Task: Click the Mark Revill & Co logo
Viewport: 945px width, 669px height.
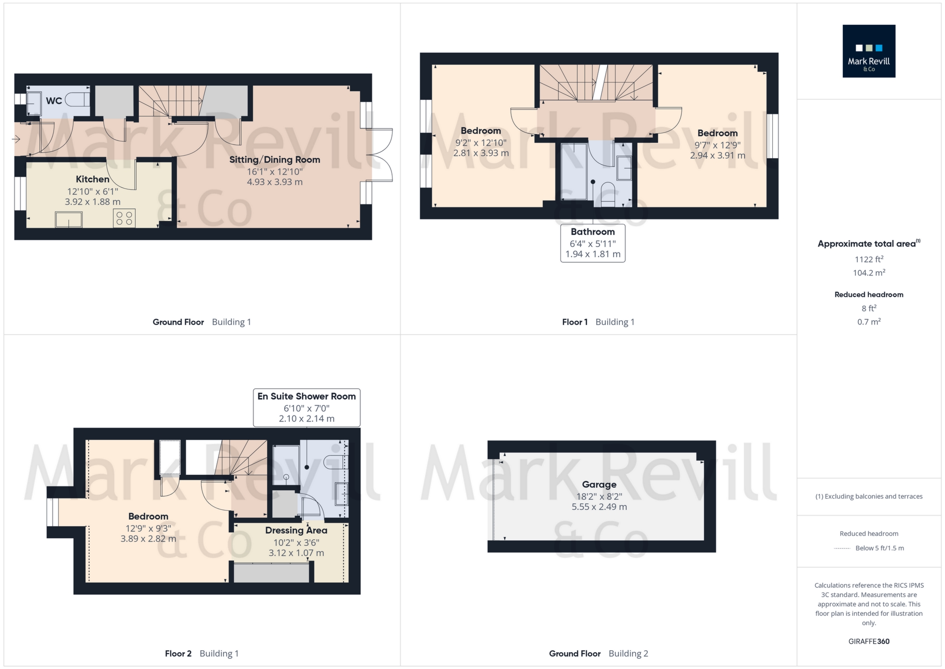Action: pyautogui.click(x=868, y=51)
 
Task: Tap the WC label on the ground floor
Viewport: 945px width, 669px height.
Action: pyautogui.click(x=54, y=101)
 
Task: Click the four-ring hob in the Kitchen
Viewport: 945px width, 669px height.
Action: pyautogui.click(x=124, y=218)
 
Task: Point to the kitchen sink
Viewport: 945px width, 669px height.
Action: pyautogui.click(x=69, y=219)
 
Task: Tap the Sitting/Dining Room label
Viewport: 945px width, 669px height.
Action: pyautogui.click(x=274, y=160)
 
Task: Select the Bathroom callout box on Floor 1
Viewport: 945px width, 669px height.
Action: pyautogui.click(x=593, y=243)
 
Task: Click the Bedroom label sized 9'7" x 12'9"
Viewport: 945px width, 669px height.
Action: pyautogui.click(x=717, y=134)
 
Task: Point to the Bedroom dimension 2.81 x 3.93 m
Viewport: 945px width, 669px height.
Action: pyautogui.click(x=481, y=153)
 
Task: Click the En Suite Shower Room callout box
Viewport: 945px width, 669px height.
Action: pyautogui.click(x=307, y=407)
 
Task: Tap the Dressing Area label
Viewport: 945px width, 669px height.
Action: pyautogui.click(x=296, y=530)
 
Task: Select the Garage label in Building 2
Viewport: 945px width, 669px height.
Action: pyautogui.click(x=599, y=485)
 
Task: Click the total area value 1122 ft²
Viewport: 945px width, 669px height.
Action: pyautogui.click(x=868, y=259)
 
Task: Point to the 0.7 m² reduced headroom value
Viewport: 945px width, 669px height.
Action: pyautogui.click(x=868, y=322)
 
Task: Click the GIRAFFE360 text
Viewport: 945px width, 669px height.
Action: pyautogui.click(x=868, y=641)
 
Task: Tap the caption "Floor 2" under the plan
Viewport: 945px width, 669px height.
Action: pyautogui.click(x=178, y=654)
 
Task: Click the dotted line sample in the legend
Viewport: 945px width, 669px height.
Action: pyautogui.click(x=842, y=549)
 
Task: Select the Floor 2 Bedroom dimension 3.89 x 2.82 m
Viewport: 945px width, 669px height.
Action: pyautogui.click(x=148, y=539)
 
